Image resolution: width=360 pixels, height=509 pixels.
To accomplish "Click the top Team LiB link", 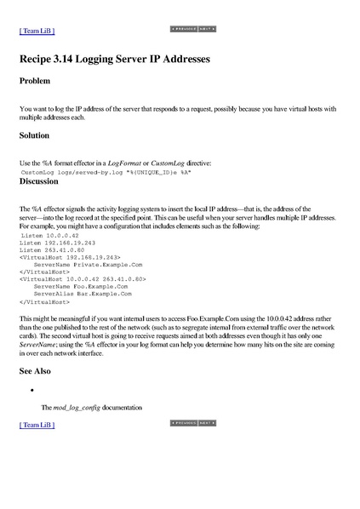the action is pos(37,31).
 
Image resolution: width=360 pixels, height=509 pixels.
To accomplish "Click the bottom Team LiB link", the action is pos(37,424).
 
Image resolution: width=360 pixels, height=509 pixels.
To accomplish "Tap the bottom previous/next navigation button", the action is pos(193,422).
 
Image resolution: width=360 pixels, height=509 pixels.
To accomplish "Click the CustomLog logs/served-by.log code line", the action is pos(106,172).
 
